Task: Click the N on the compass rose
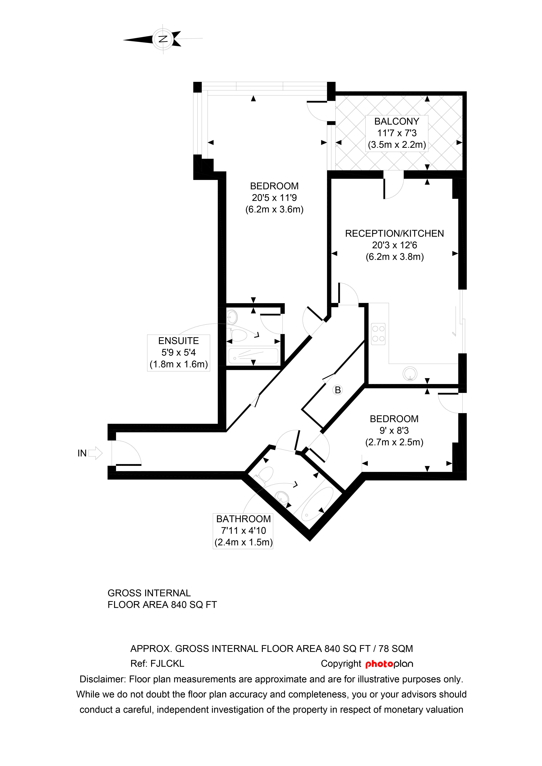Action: click(x=163, y=39)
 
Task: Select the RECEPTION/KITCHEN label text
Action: click(x=394, y=233)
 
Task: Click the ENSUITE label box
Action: click(x=179, y=353)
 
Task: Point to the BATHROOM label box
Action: click(x=243, y=531)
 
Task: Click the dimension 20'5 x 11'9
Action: click(x=274, y=198)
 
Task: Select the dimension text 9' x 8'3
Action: click(x=394, y=430)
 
